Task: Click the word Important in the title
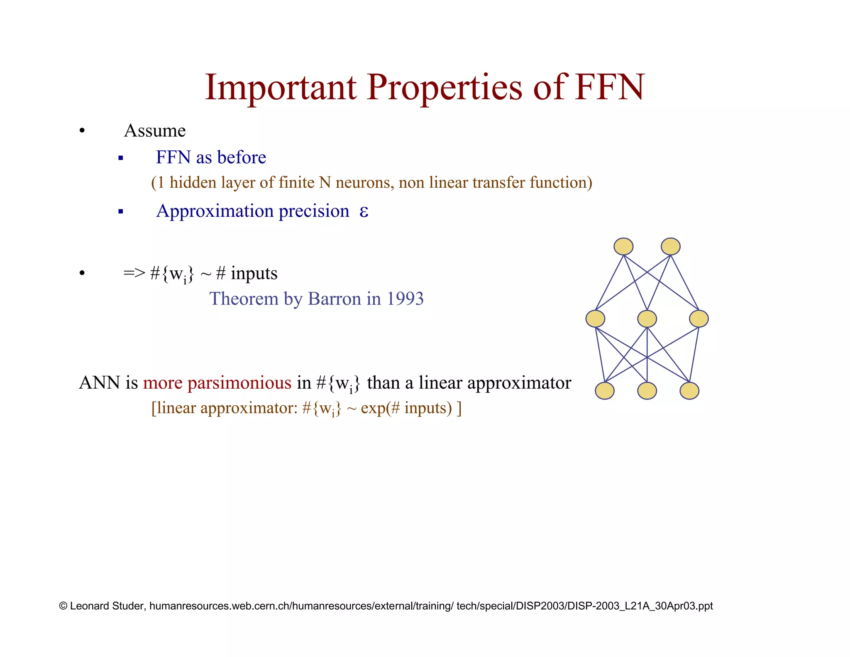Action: pyautogui.click(x=281, y=88)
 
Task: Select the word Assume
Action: pyautogui.click(x=154, y=131)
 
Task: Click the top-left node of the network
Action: pyautogui.click(x=623, y=247)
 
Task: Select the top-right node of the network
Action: pyautogui.click(x=671, y=247)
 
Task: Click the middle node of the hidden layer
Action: pyautogui.click(x=647, y=319)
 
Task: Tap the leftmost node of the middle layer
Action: pyautogui.click(x=595, y=319)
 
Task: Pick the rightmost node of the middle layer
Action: pyautogui.click(x=699, y=319)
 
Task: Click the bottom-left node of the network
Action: pyautogui.click(x=605, y=391)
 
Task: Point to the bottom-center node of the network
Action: pyautogui.click(x=647, y=391)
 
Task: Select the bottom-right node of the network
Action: pyautogui.click(x=689, y=391)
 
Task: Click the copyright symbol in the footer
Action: pyautogui.click(x=64, y=606)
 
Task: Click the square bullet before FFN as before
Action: pyautogui.click(x=121, y=158)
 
